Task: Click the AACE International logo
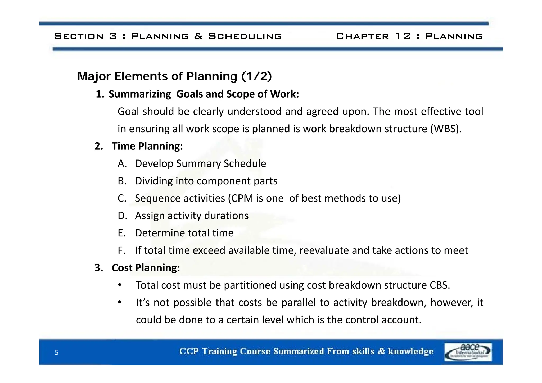[468, 352]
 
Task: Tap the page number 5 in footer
[56, 353]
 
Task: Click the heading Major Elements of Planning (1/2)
[174, 76]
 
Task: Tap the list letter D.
[122, 216]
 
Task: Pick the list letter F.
[121, 250]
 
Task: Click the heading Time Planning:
[147, 146]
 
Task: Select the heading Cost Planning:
[146, 268]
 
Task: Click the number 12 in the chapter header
[403, 36]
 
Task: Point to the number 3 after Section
[113, 36]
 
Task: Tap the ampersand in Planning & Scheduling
[198, 36]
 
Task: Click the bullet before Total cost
[120, 285]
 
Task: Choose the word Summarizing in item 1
[140, 94]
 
